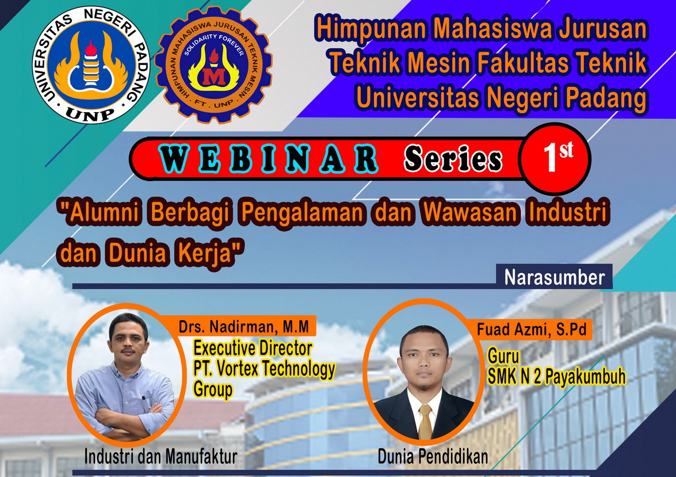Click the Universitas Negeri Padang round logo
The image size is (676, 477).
(91, 65)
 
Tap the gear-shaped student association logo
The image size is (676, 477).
(214, 65)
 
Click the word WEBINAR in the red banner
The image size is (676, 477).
(269, 159)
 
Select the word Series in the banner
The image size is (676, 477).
(453, 159)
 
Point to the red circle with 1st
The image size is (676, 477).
(555, 158)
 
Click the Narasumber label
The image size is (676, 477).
(555, 277)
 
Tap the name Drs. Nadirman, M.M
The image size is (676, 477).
(243, 327)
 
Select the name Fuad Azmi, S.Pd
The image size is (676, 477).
(532, 330)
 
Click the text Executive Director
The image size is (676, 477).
(253, 348)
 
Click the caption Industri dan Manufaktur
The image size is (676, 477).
(161, 457)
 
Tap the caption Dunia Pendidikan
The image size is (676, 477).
(433, 457)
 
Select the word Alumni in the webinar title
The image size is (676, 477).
(102, 212)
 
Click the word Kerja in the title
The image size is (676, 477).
(207, 253)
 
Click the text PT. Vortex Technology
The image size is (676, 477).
(264, 369)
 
